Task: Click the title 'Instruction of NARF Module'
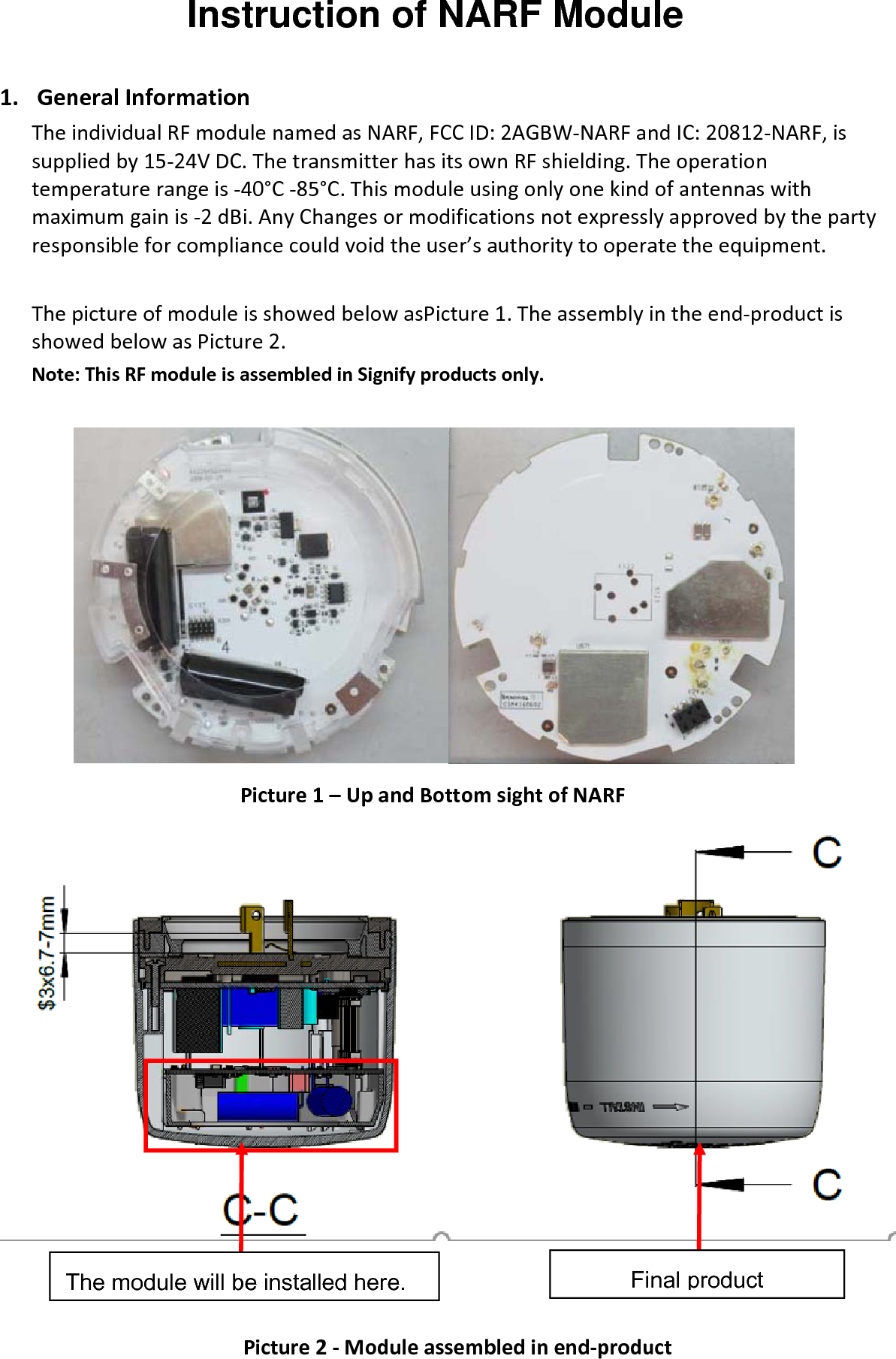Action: [x=435, y=17]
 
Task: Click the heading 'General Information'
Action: [x=143, y=98]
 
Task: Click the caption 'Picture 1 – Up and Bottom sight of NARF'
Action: [x=433, y=795]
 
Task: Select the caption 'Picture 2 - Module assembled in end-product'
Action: [x=457, y=1346]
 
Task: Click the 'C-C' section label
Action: [x=261, y=1210]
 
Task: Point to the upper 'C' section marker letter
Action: [x=827, y=853]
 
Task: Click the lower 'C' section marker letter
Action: [x=827, y=1184]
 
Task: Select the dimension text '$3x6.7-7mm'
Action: [x=48, y=952]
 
